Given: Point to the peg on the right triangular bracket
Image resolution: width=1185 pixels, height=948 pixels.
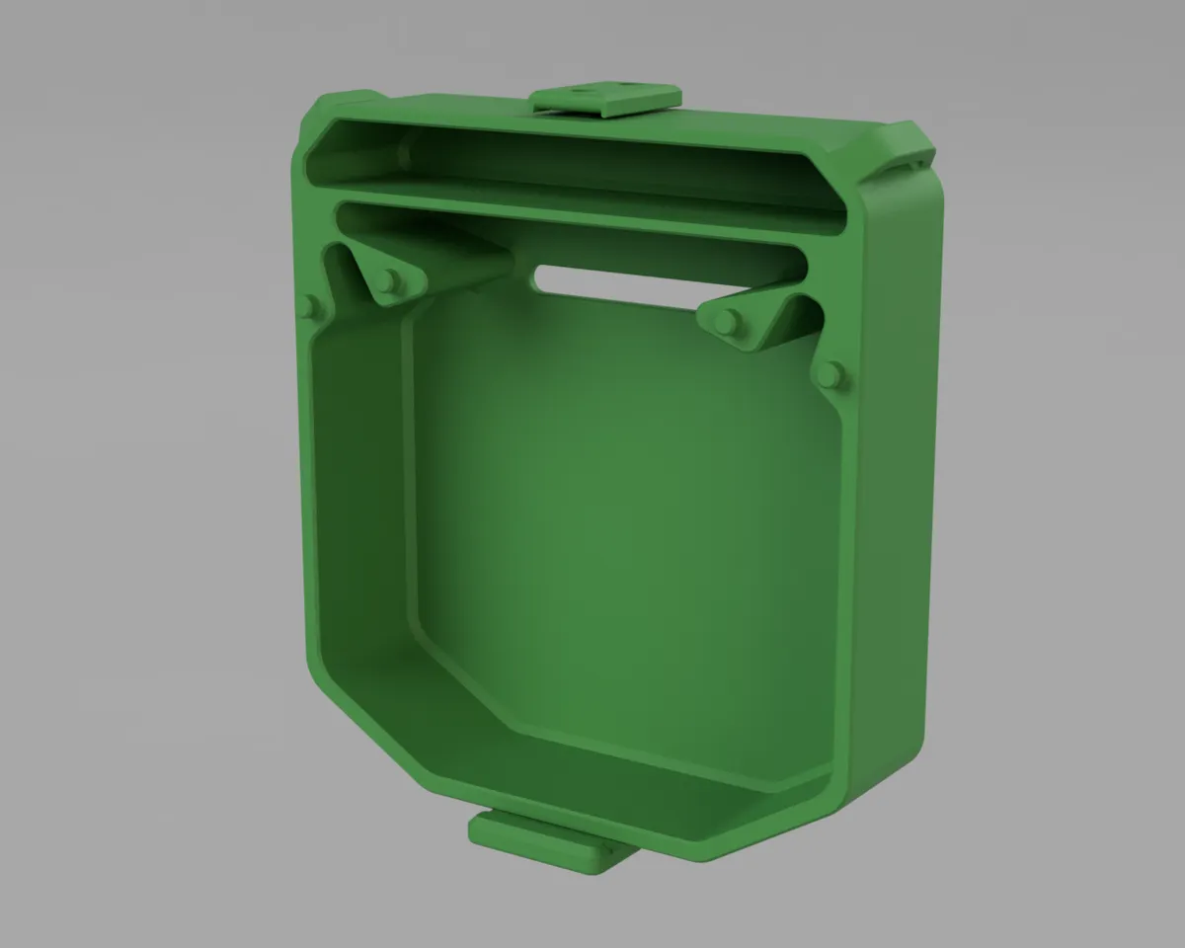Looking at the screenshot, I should pos(728,321).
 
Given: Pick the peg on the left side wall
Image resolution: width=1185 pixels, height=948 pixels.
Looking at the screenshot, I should pos(308,306).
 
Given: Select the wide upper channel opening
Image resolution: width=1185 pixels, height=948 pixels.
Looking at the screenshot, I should pos(573,158).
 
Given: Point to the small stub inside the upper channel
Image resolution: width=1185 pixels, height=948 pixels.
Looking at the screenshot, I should pos(405,153).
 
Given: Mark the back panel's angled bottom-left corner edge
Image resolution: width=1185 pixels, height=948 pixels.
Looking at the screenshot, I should pos(464,681).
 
